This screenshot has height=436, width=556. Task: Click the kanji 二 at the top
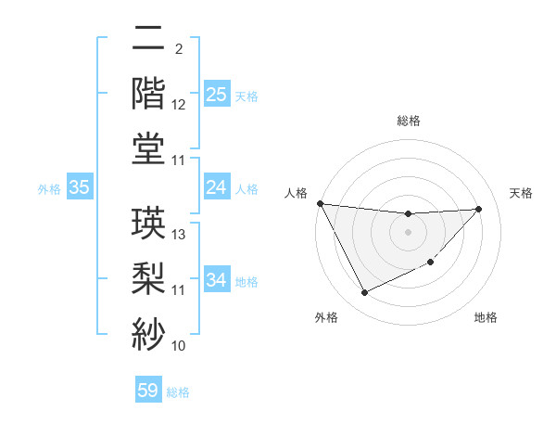tap(148, 40)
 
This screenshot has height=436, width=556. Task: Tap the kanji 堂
tap(148, 148)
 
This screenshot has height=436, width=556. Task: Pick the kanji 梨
tap(148, 276)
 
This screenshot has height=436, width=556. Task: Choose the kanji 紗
tap(148, 331)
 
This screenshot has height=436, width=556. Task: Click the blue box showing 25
tap(217, 95)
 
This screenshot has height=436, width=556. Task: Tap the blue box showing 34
tap(217, 280)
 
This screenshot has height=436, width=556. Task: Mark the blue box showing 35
tap(79, 187)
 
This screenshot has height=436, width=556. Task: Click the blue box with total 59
tap(148, 391)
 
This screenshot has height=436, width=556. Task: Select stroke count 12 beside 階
tap(179, 106)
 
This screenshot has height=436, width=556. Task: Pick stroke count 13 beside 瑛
tap(180, 235)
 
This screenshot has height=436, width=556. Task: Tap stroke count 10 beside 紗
tap(179, 346)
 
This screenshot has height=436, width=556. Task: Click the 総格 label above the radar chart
tap(408, 121)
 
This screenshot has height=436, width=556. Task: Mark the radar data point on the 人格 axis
tap(321, 203)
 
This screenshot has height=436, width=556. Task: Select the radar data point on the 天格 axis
tap(479, 209)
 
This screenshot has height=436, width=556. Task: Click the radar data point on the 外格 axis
tap(364, 293)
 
